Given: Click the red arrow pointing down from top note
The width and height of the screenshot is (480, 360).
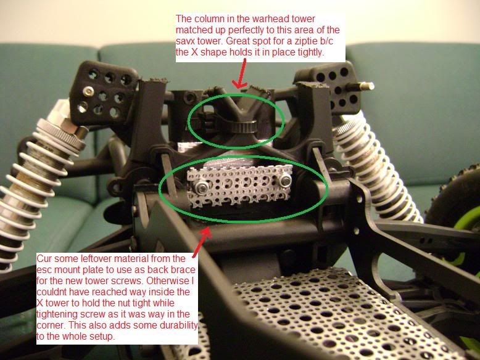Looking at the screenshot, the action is click(241, 73).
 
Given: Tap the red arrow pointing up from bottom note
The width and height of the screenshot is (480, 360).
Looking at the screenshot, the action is click(202, 242).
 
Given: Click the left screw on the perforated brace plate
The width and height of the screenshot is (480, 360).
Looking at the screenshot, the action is click(202, 185).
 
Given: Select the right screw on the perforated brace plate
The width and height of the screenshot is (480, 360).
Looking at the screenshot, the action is click(286, 181).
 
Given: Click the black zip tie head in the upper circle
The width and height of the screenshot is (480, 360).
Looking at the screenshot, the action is click(244, 126).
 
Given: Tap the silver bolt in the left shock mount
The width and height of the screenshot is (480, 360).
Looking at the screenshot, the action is click(88, 91).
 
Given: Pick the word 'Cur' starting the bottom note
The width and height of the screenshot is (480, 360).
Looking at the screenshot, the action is click(43, 259).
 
